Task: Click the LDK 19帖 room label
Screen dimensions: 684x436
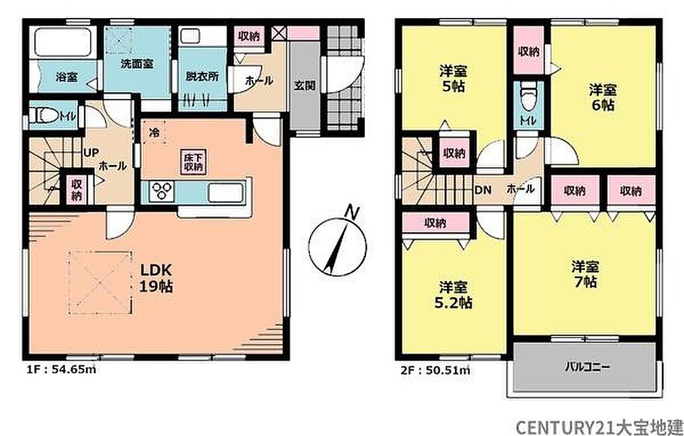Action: click(156, 278)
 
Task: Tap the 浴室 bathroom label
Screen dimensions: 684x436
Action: click(67, 77)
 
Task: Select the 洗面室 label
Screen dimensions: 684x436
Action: click(137, 63)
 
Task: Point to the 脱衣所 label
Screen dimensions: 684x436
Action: click(202, 76)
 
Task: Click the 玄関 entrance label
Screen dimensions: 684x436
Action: click(304, 85)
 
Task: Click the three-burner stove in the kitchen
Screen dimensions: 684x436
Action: click(162, 192)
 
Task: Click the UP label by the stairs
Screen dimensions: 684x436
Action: click(91, 152)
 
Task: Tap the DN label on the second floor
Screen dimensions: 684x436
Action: click(482, 190)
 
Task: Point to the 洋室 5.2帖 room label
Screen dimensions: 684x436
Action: click(454, 294)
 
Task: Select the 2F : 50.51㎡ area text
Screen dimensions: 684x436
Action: click(436, 371)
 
